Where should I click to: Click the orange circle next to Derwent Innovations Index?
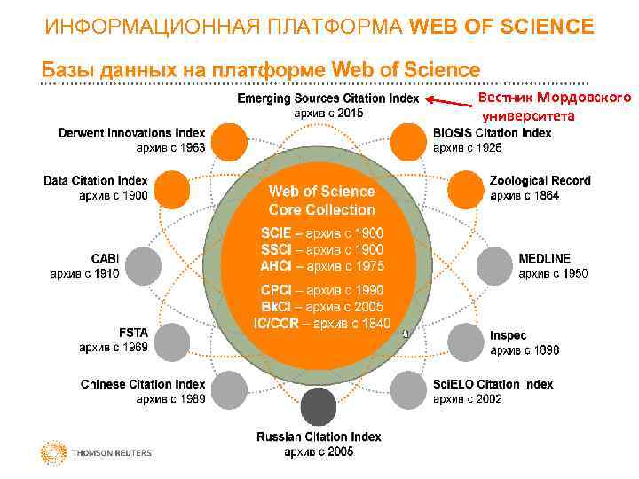pos(231,141)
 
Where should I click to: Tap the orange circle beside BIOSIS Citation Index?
pos(409,141)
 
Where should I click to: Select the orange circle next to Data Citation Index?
pos(172,188)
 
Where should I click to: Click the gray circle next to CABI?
pos(145,264)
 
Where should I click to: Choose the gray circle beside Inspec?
pos(468,341)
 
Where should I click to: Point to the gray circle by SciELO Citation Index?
pos(409,389)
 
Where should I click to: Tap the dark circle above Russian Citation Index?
pos(319,407)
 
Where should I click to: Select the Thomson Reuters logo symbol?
pos(53,452)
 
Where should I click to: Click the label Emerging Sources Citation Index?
pos(327,98)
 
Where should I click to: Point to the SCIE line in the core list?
pos(321,232)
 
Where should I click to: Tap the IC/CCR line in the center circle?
pos(321,324)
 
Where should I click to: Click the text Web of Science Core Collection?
pos(321,200)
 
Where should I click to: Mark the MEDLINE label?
pos(545,258)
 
